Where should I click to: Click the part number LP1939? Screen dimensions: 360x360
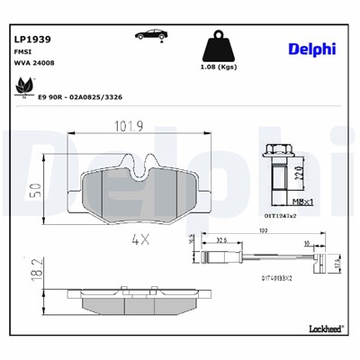click(31, 40)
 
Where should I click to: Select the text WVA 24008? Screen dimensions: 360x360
click(33, 66)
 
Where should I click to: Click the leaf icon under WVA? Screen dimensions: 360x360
click(19, 86)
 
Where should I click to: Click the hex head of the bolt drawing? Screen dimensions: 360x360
click(279, 152)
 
